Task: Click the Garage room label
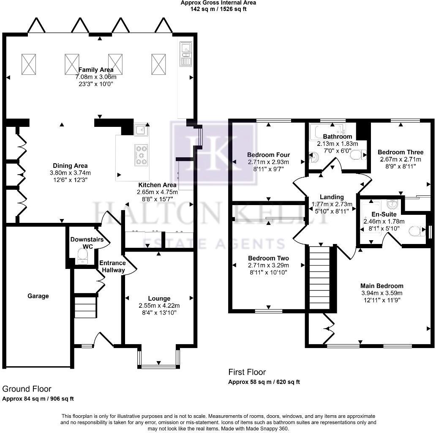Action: pyautogui.click(x=38, y=296)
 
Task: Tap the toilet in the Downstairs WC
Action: pyautogui.click(x=82, y=255)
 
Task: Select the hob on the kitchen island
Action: pyautogui.click(x=141, y=154)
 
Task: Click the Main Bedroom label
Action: pyautogui.click(x=381, y=286)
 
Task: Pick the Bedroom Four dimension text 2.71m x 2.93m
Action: pyautogui.click(x=268, y=162)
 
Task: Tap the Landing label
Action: pyautogui.click(x=332, y=197)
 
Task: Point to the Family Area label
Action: pyautogui.click(x=96, y=70)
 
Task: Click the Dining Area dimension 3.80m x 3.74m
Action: pyautogui.click(x=70, y=173)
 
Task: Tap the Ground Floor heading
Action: pyautogui.click(x=27, y=389)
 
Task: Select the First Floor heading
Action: pyautogui.click(x=247, y=372)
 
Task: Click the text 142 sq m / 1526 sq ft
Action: pyautogui.click(x=218, y=9)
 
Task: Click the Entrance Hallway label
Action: pyautogui.click(x=112, y=266)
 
